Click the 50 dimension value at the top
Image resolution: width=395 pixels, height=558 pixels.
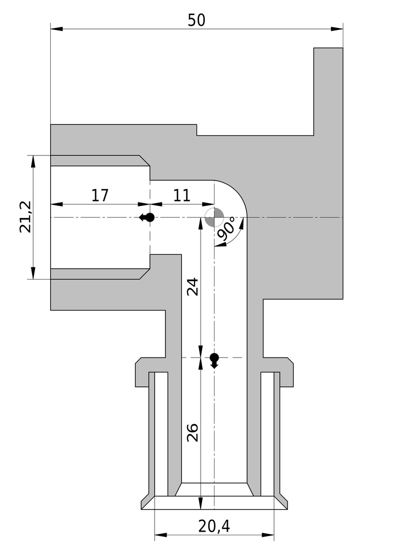click(x=196, y=20)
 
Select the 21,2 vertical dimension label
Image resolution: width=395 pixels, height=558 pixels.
click(x=26, y=216)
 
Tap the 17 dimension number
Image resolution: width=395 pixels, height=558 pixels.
click(x=100, y=195)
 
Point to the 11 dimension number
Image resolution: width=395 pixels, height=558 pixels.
click(x=182, y=195)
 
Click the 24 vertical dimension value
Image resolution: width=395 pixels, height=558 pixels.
click(x=192, y=287)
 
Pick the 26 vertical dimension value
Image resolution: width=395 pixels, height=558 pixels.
click(x=192, y=432)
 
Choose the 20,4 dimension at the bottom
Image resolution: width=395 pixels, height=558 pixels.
click(x=214, y=526)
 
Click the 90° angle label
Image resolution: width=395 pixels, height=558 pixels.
click(x=226, y=228)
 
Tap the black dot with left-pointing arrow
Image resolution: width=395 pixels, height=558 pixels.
click(x=147, y=217)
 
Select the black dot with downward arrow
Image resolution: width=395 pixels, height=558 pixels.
click(x=214, y=360)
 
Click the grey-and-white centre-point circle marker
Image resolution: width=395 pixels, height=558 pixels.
click(x=214, y=217)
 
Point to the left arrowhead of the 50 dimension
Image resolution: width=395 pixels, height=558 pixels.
click(x=57, y=28)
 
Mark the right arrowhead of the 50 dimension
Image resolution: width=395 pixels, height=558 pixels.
click(x=337, y=28)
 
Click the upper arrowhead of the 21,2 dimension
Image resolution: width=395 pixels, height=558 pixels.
click(x=33, y=162)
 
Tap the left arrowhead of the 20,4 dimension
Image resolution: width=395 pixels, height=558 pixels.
click(x=161, y=535)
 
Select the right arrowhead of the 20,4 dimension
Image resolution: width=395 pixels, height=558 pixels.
click(x=268, y=535)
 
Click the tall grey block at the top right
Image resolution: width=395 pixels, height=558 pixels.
click(x=328, y=92)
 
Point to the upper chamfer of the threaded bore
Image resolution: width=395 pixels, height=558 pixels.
click(x=144, y=161)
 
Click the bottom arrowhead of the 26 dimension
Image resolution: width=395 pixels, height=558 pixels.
click(x=201, y=503)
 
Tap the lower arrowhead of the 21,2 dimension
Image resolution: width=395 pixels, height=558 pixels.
click(x=33, y=273)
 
